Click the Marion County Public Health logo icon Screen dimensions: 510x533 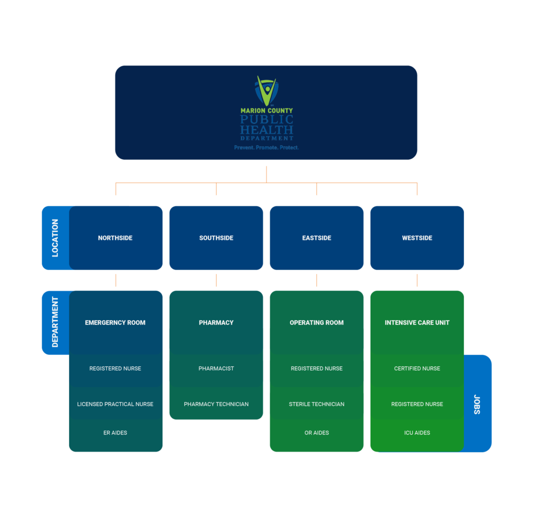[266, 91]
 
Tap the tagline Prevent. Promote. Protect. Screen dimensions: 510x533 [266, 148]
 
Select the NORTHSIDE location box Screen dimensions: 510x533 [116, 238]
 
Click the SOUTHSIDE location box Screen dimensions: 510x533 [216, 238]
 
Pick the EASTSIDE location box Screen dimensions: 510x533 [316, 238]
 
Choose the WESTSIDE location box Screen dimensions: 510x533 [417, 238]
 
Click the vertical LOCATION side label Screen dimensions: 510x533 [55, 238]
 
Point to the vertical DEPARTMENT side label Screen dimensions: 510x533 [55, 322]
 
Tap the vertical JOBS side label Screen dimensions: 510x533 [477, 404]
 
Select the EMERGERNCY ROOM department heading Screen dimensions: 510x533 [116, 323]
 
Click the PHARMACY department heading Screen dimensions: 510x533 [216, 323]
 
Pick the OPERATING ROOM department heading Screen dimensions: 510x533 [316, 323]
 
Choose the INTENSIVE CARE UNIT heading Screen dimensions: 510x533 [417, 323]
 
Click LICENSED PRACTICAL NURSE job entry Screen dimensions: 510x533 [116, 404]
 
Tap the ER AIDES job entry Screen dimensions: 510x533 [116, 432]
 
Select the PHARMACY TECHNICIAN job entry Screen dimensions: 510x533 [216, 404]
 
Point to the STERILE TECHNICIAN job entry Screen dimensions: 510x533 [316, 404]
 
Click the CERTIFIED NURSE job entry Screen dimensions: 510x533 [417, 368]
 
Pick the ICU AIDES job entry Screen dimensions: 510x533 [417, 432]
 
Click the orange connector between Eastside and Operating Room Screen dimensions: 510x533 [316, 280]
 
